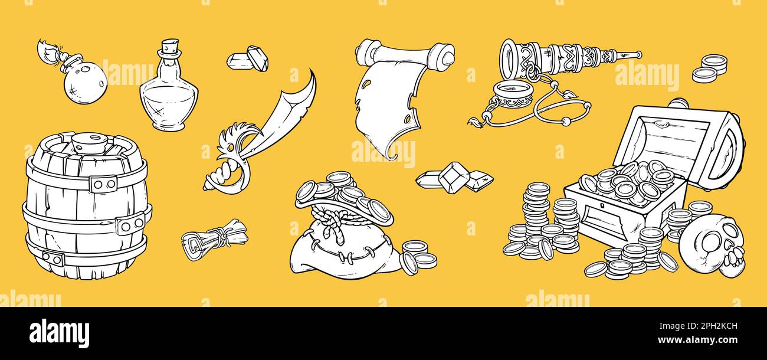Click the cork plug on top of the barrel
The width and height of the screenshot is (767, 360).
point(90,143)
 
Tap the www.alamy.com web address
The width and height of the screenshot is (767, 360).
point(697,340)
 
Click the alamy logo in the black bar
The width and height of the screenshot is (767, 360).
point(59,332)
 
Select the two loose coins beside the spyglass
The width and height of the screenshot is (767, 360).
point(710,69)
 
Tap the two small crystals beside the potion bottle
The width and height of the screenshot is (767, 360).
point(248,59)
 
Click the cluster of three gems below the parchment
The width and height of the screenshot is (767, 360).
point(454,178)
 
